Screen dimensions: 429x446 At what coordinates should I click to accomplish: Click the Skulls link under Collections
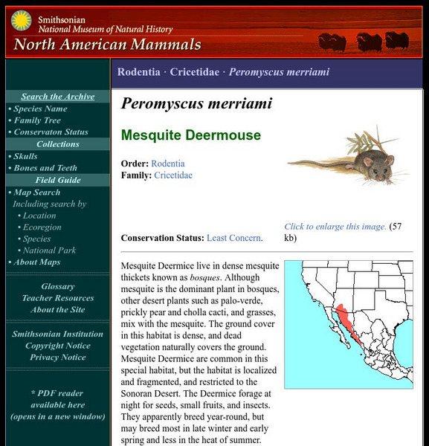point(25,156)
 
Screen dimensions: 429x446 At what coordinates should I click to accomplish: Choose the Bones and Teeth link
point(45,168)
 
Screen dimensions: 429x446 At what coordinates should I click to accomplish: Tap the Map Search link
point(36,193)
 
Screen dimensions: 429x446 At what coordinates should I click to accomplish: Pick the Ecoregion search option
point(42,227)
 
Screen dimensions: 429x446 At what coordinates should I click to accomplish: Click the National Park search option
point(49,251)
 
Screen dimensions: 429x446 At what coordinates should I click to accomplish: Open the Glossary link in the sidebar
point(58,286)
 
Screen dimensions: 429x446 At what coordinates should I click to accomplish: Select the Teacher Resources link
point(58,298)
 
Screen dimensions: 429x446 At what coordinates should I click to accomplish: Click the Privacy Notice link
point(58,358)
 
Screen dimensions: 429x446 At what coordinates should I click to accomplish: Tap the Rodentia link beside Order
point(168,164)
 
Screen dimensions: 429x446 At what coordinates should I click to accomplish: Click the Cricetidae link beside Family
point(172,175)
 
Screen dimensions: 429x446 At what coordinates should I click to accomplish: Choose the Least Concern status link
point(233,238)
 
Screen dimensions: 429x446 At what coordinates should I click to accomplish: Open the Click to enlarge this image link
point(335,227)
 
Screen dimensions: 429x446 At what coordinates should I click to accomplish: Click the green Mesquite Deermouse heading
point(191,135)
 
